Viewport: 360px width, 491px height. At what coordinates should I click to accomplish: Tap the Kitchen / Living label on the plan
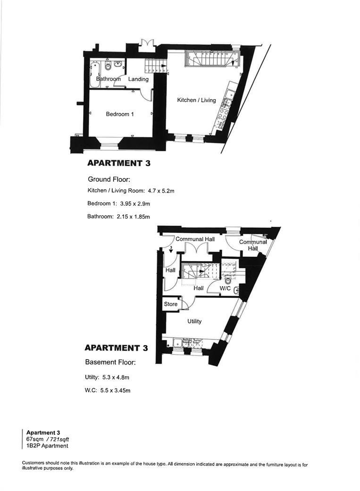coord(196,100)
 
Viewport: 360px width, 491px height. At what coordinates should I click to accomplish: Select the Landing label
coord(138,79)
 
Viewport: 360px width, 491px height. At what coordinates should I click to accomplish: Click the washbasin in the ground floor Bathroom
coord(120,64)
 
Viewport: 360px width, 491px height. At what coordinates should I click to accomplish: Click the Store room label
coord(171,304)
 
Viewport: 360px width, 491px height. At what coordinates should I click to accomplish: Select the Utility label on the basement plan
coord(194,322)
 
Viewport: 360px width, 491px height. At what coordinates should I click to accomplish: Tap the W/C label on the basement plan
coord(225,288)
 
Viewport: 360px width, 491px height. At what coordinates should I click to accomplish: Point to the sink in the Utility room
coord(178,343)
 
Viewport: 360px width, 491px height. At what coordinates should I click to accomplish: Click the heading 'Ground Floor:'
coord(109,179)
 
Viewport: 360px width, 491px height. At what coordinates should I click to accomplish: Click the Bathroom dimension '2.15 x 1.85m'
coord(133,217)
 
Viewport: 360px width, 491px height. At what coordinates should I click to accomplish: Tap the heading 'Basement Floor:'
coord(110,363)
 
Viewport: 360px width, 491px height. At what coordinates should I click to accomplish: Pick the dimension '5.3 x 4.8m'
coord(113,378)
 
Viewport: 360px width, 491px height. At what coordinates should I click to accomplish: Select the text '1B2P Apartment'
coord(47,446)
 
